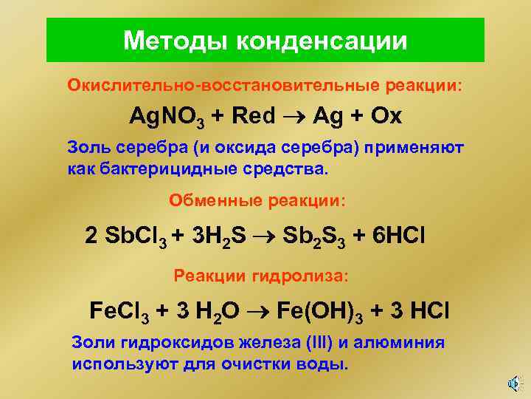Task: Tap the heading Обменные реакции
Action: click(x=256, y=200)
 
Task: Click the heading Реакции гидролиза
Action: click(x=260, y=276)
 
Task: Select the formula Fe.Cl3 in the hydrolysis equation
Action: click(x=120, y=310)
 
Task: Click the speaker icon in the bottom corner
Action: click(x=514, y=383)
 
